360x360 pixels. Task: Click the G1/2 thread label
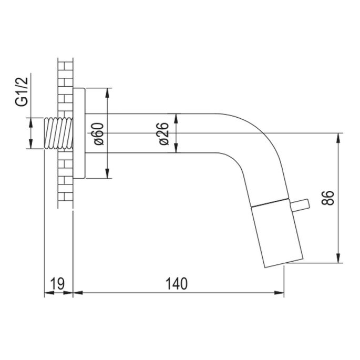click(x=22, y=92)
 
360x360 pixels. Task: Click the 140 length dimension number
click(x=177, y=284)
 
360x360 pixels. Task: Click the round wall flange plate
click(x=80, y=133)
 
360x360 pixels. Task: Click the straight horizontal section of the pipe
click(x=158, y=133)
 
